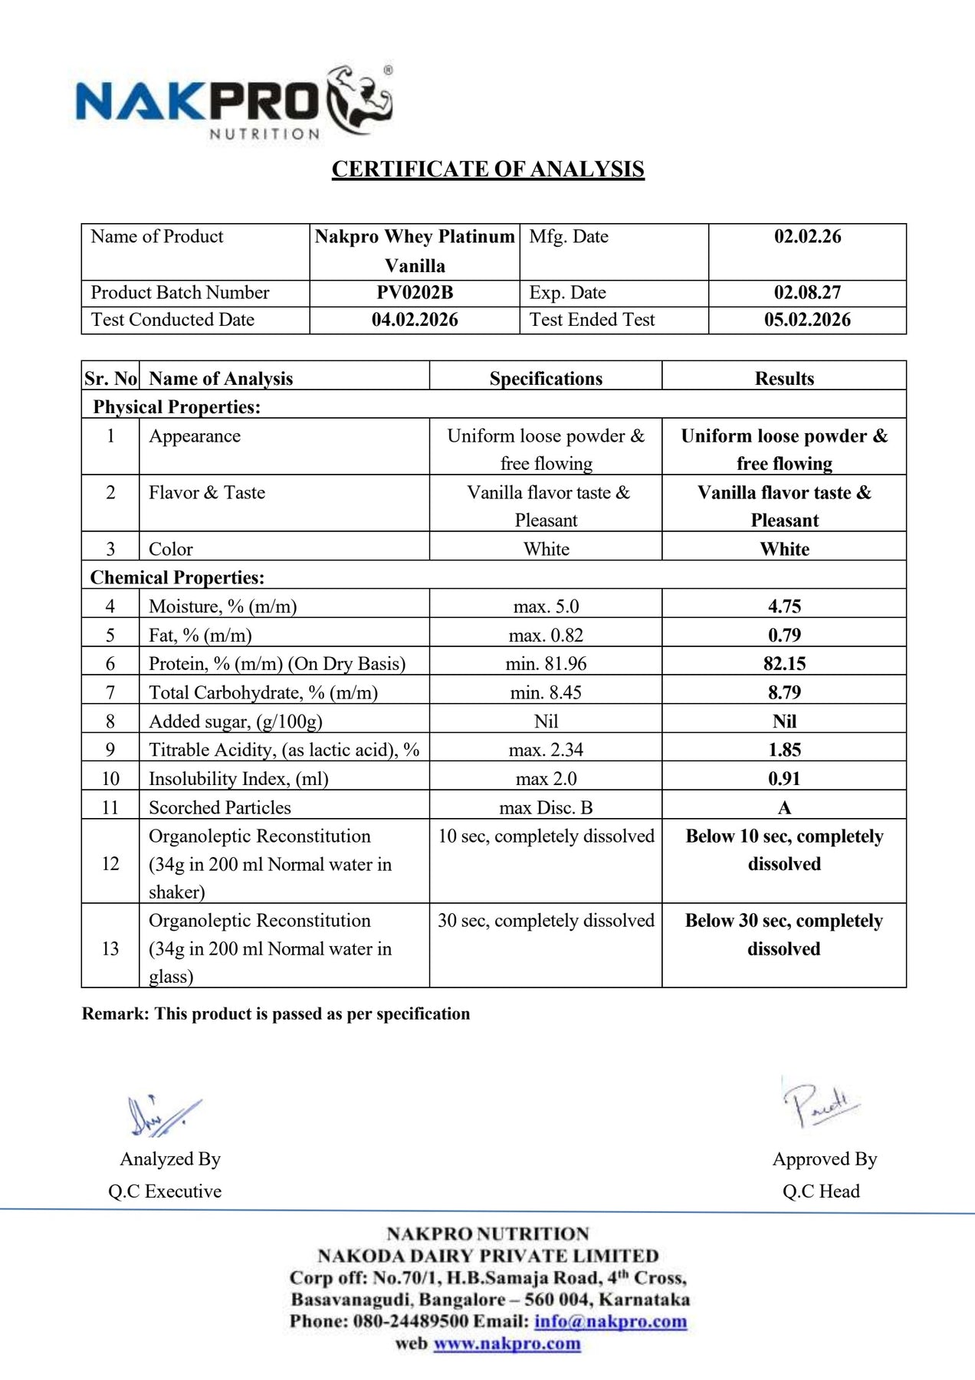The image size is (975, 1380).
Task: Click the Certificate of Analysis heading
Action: click(x=487, y=169)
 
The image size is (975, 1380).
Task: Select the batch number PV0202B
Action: click(x=415, y=292)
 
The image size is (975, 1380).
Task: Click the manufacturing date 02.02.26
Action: click(x=807, y=236)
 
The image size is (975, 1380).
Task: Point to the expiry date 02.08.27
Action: click(x=807, y=292)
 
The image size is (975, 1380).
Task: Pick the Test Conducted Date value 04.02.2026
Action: click(x=415, y=320)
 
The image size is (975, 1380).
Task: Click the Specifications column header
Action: click(x=546, y=378)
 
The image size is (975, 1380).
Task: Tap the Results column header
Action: click(x=784, y=378)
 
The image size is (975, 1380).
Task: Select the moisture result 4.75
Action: click(x=784, y=606)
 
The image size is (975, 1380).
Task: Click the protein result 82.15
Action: click(x=784, y=664)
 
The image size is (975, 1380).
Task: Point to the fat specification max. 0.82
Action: click(x=546, y=635)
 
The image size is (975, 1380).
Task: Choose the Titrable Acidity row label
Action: click(x=284, y=750)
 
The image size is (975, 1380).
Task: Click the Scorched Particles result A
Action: click(x=784, y=807)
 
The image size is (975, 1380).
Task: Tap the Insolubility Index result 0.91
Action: click(x=784, y=779)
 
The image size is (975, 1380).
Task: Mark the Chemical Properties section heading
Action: click(x=177, y=577)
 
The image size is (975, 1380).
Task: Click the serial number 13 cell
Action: click(x=110, y=948)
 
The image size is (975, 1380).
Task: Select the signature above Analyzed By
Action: click(x=163, y=1115)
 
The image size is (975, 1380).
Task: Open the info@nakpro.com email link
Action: click(x=610, y=1321)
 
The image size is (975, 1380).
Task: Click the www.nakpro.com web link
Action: click(x=507, y=1343)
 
